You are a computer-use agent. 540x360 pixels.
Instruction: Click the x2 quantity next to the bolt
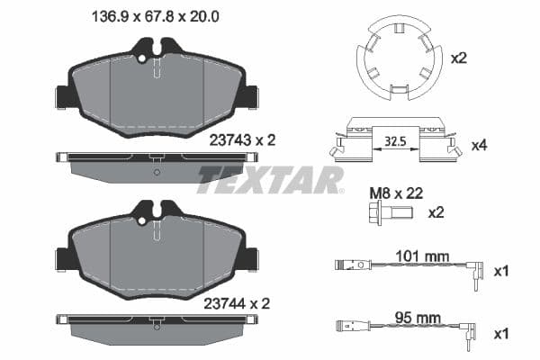point(436,212)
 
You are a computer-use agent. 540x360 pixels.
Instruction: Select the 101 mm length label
point(423,256)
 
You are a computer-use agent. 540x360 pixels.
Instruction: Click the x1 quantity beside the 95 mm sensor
point(501,332)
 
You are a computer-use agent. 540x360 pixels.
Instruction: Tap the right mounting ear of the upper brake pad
point(251,95)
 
